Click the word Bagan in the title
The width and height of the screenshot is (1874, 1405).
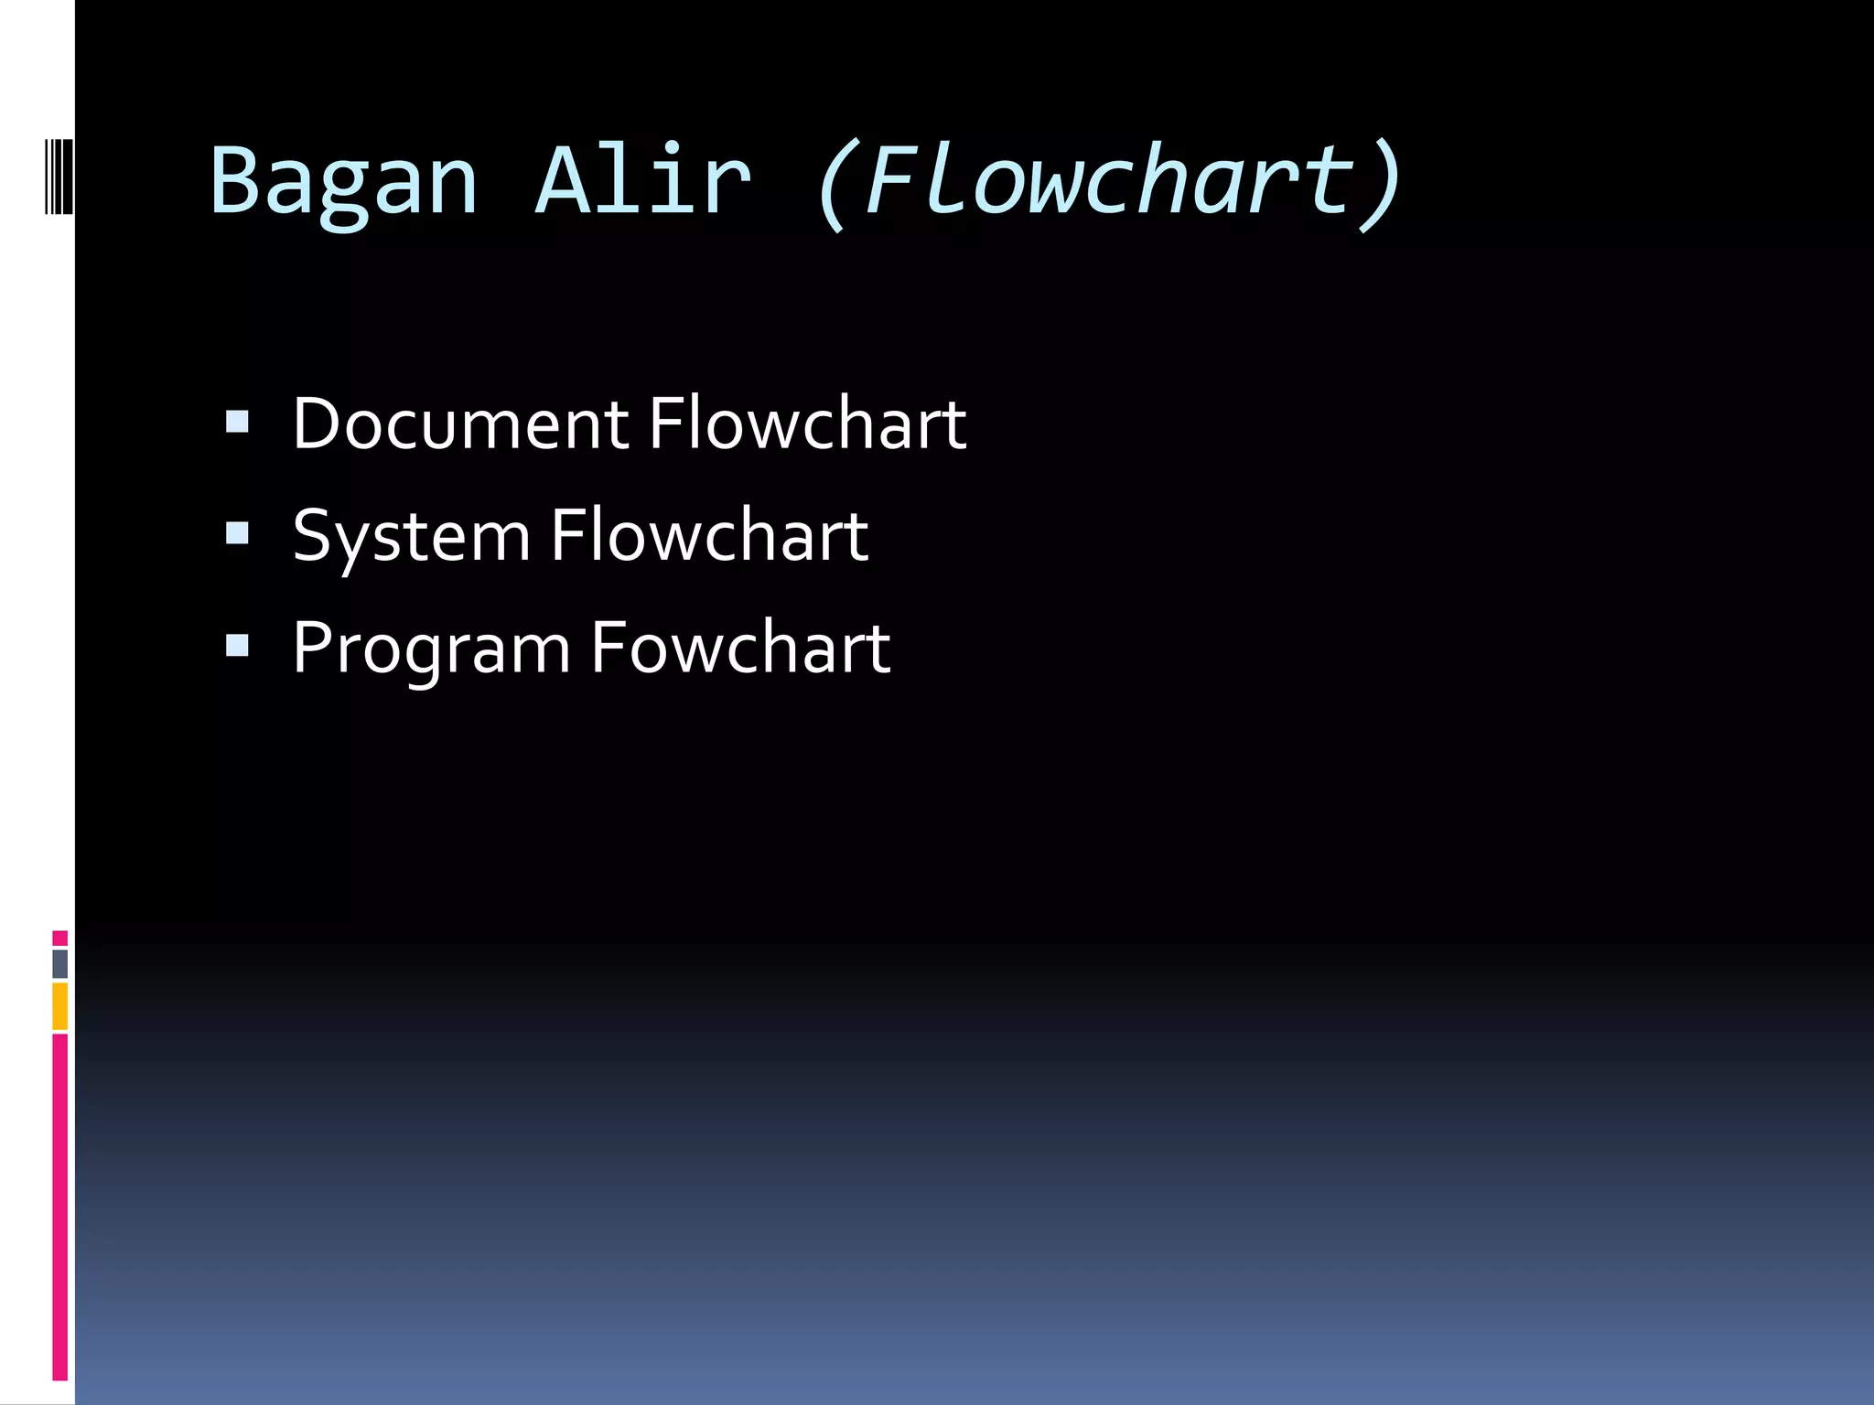(x=343, y=181)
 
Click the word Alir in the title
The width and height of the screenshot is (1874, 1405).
(x=643, y=181)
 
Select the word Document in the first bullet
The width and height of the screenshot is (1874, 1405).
(x=460, y=424)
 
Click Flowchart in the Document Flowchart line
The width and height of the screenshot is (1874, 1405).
(x=807, y=424)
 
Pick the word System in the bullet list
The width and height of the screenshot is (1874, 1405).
(x=411, y=538)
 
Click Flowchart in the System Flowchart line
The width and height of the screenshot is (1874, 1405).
(x=709, y=536)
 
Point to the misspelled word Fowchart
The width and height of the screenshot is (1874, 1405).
(x=740, y=648)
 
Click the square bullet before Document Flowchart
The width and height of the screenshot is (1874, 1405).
(x=237, y=422)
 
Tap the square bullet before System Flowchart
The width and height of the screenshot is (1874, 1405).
(x=237, y=533)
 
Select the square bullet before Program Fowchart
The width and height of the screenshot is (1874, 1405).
(x=237, y=646)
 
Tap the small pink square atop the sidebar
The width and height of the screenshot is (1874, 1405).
(x=59, y=938)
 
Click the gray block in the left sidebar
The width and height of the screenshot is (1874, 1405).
(x=59, y=964)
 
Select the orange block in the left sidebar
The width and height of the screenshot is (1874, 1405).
(x=59, y=1006)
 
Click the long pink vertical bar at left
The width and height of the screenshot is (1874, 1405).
(x=59, y=1207)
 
